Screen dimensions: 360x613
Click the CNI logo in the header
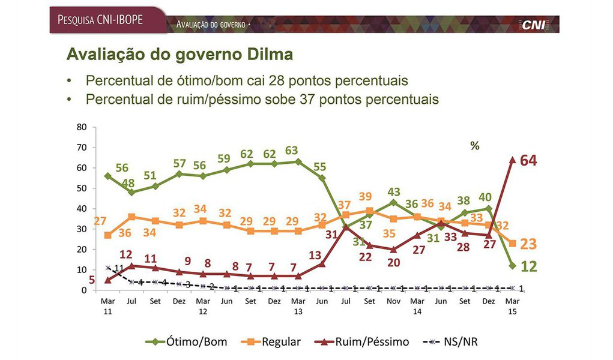click(533, 25)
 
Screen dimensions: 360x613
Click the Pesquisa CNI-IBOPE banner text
click(100, 19)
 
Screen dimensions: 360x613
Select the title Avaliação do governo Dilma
click(180, 55)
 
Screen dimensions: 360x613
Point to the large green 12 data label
click(529, 266)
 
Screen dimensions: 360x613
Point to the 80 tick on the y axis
click(82, 127)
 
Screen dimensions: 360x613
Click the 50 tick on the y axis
click(82, 188)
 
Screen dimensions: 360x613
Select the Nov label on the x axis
click(393, 302)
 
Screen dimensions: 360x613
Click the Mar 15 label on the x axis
click(512, 307)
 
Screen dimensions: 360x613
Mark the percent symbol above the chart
click(474, 146)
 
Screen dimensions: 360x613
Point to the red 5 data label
click(92, 279)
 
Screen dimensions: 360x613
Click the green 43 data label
click(393, 191)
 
